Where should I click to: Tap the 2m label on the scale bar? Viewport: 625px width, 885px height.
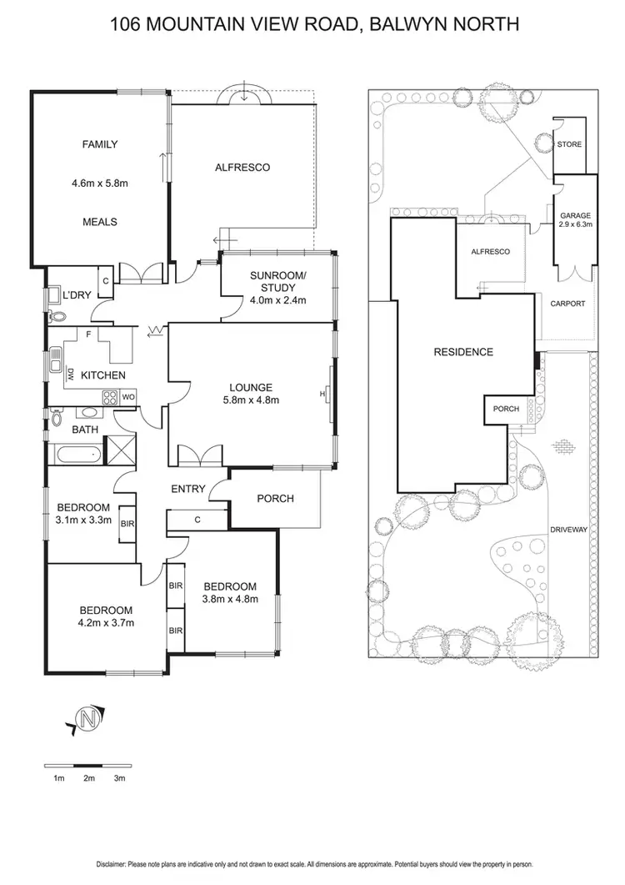pos(89,777)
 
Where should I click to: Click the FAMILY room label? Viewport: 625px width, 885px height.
pos(99,144)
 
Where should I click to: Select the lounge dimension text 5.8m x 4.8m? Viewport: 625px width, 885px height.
pos(251,400)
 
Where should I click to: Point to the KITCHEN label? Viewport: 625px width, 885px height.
pos(103,375)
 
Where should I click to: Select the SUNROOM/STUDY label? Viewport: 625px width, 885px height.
pos(278,282)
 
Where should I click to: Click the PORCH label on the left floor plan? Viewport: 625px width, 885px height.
pos(276,499)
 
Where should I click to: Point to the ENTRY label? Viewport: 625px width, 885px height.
pos(188,489)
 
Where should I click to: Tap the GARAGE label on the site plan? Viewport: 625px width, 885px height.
pos(575,214)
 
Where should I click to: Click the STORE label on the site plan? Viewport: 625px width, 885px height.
pos(570,144)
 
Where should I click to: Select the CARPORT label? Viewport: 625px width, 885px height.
pos(568,304)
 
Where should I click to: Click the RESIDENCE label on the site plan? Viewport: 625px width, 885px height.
pos(463,352)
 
